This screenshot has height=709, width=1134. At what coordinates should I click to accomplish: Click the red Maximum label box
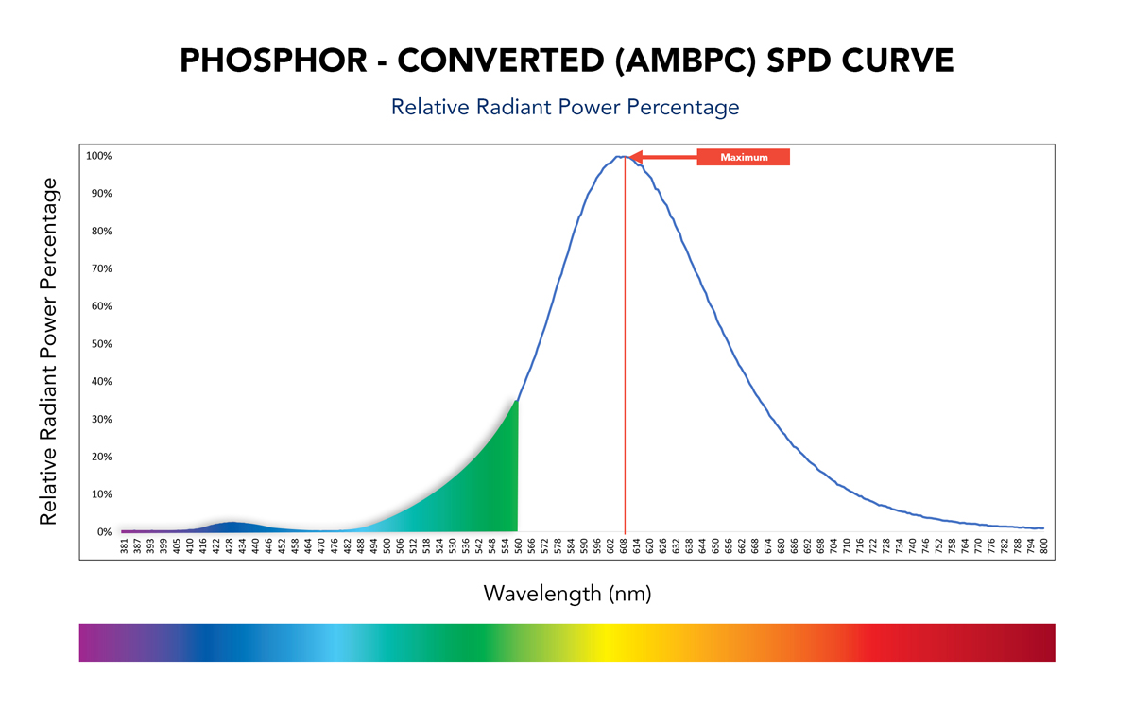coord(743,157)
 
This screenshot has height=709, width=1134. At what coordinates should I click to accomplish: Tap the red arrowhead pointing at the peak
coord(636,157)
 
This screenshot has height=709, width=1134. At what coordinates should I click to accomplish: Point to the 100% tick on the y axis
coord(99,156)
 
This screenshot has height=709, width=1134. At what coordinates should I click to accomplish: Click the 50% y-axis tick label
coord(101,344)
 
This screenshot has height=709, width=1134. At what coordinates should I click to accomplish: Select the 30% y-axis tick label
coord(101,419)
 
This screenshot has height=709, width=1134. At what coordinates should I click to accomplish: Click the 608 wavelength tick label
coord(624,545)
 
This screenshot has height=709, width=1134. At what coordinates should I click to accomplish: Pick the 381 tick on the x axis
coord(124,545)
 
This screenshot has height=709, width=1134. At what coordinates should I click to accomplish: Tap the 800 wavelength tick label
coord(1042,545)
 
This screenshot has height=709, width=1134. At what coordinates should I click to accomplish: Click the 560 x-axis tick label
coord(518,545)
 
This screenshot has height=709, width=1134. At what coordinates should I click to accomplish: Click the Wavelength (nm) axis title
coord(567,594)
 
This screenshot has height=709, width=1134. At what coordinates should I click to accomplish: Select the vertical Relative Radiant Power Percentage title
coord(49,351)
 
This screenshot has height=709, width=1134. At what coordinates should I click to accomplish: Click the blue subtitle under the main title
coord(565,107)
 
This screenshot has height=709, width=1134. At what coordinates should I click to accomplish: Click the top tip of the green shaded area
coord(516,402)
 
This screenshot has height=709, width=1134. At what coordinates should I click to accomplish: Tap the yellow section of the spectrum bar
coord(605,642)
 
